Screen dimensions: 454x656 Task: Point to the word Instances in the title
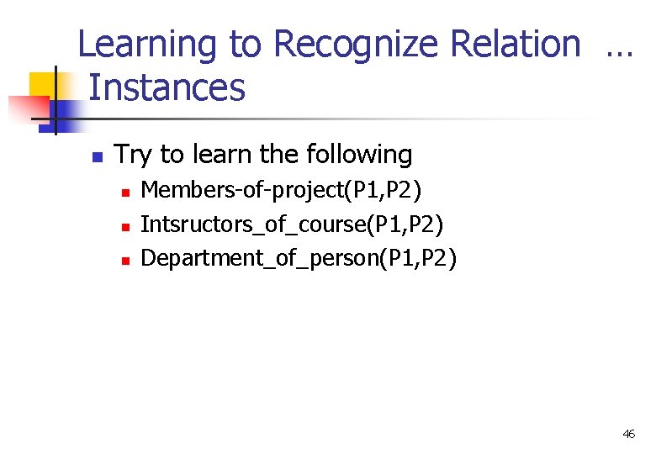(x=167, y=88)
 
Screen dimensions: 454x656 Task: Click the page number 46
(x=628, y=434)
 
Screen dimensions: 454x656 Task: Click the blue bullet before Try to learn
(x=97, y=156)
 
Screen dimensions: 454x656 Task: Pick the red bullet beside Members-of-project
(x=124, y=193)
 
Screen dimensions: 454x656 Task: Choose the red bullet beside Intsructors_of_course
(x=124, y=226)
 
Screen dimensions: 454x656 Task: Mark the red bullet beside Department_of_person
(x=124, y=260)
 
